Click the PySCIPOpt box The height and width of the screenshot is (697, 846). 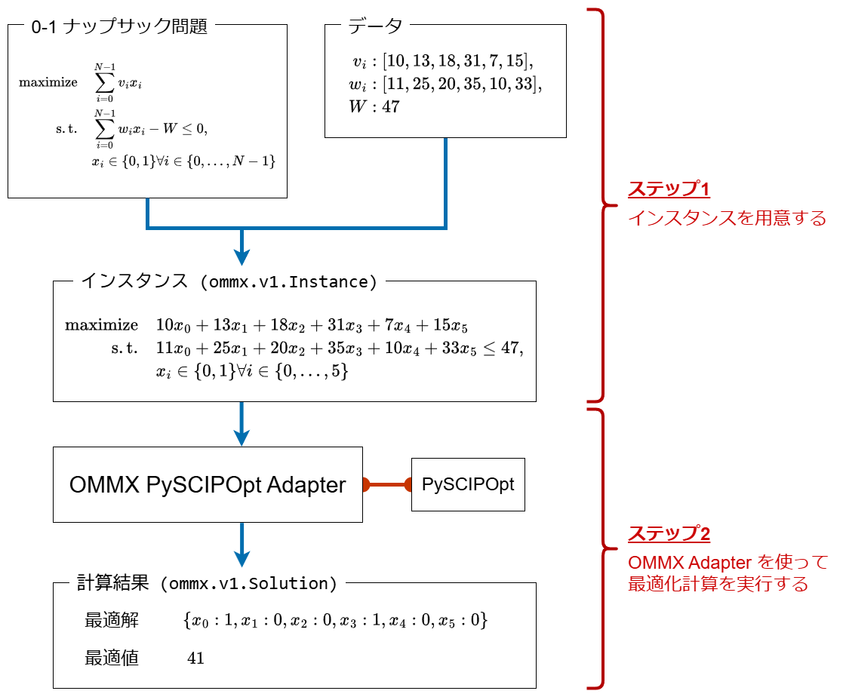468,484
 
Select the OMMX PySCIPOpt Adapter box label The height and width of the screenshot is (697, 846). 208,485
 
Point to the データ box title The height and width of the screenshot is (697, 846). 375,26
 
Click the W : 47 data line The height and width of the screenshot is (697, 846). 374,106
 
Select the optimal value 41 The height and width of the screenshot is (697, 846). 195,659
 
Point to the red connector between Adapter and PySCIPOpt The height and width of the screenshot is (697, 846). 386,484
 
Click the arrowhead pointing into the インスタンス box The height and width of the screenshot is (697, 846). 241,256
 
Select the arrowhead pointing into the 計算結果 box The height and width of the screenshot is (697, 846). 241,558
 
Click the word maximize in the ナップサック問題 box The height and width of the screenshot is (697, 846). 48,82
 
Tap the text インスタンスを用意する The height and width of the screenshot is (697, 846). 727,219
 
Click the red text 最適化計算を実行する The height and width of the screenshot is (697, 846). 718,584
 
